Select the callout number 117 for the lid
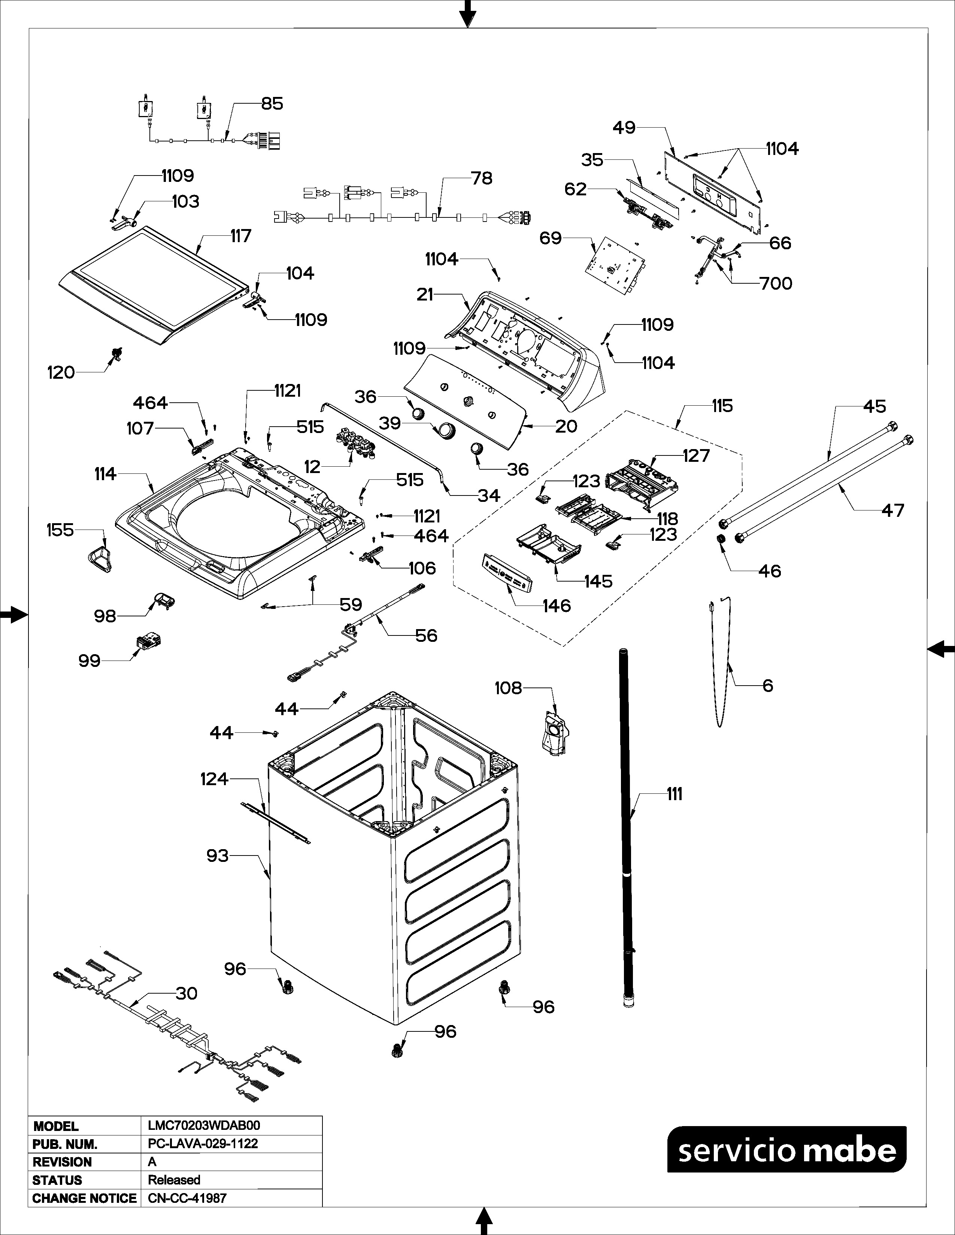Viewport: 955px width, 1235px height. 240,236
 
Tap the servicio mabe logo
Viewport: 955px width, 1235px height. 787,1149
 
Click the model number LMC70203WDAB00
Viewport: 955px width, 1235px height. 204,1126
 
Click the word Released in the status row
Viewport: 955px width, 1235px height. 174,1180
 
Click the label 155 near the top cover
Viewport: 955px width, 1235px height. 60,530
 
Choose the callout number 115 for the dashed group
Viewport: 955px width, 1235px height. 722,406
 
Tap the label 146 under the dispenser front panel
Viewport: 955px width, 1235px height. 557,606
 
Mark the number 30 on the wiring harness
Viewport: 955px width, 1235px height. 187,994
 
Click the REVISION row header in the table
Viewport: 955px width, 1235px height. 62,1162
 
